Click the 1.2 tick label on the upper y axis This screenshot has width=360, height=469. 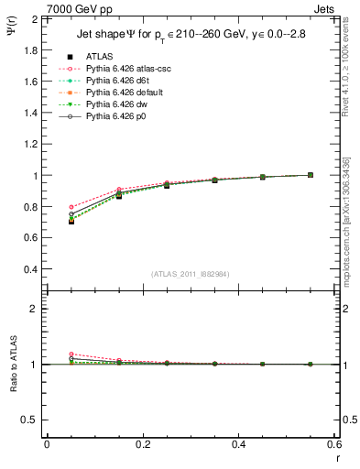pos(29,145)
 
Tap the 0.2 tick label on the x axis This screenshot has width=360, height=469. pos(142,443)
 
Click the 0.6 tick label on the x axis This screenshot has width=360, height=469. pos(333,443)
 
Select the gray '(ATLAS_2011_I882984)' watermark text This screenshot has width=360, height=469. pos(191,274)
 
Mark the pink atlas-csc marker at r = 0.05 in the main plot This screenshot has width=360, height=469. pos(71,207)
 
